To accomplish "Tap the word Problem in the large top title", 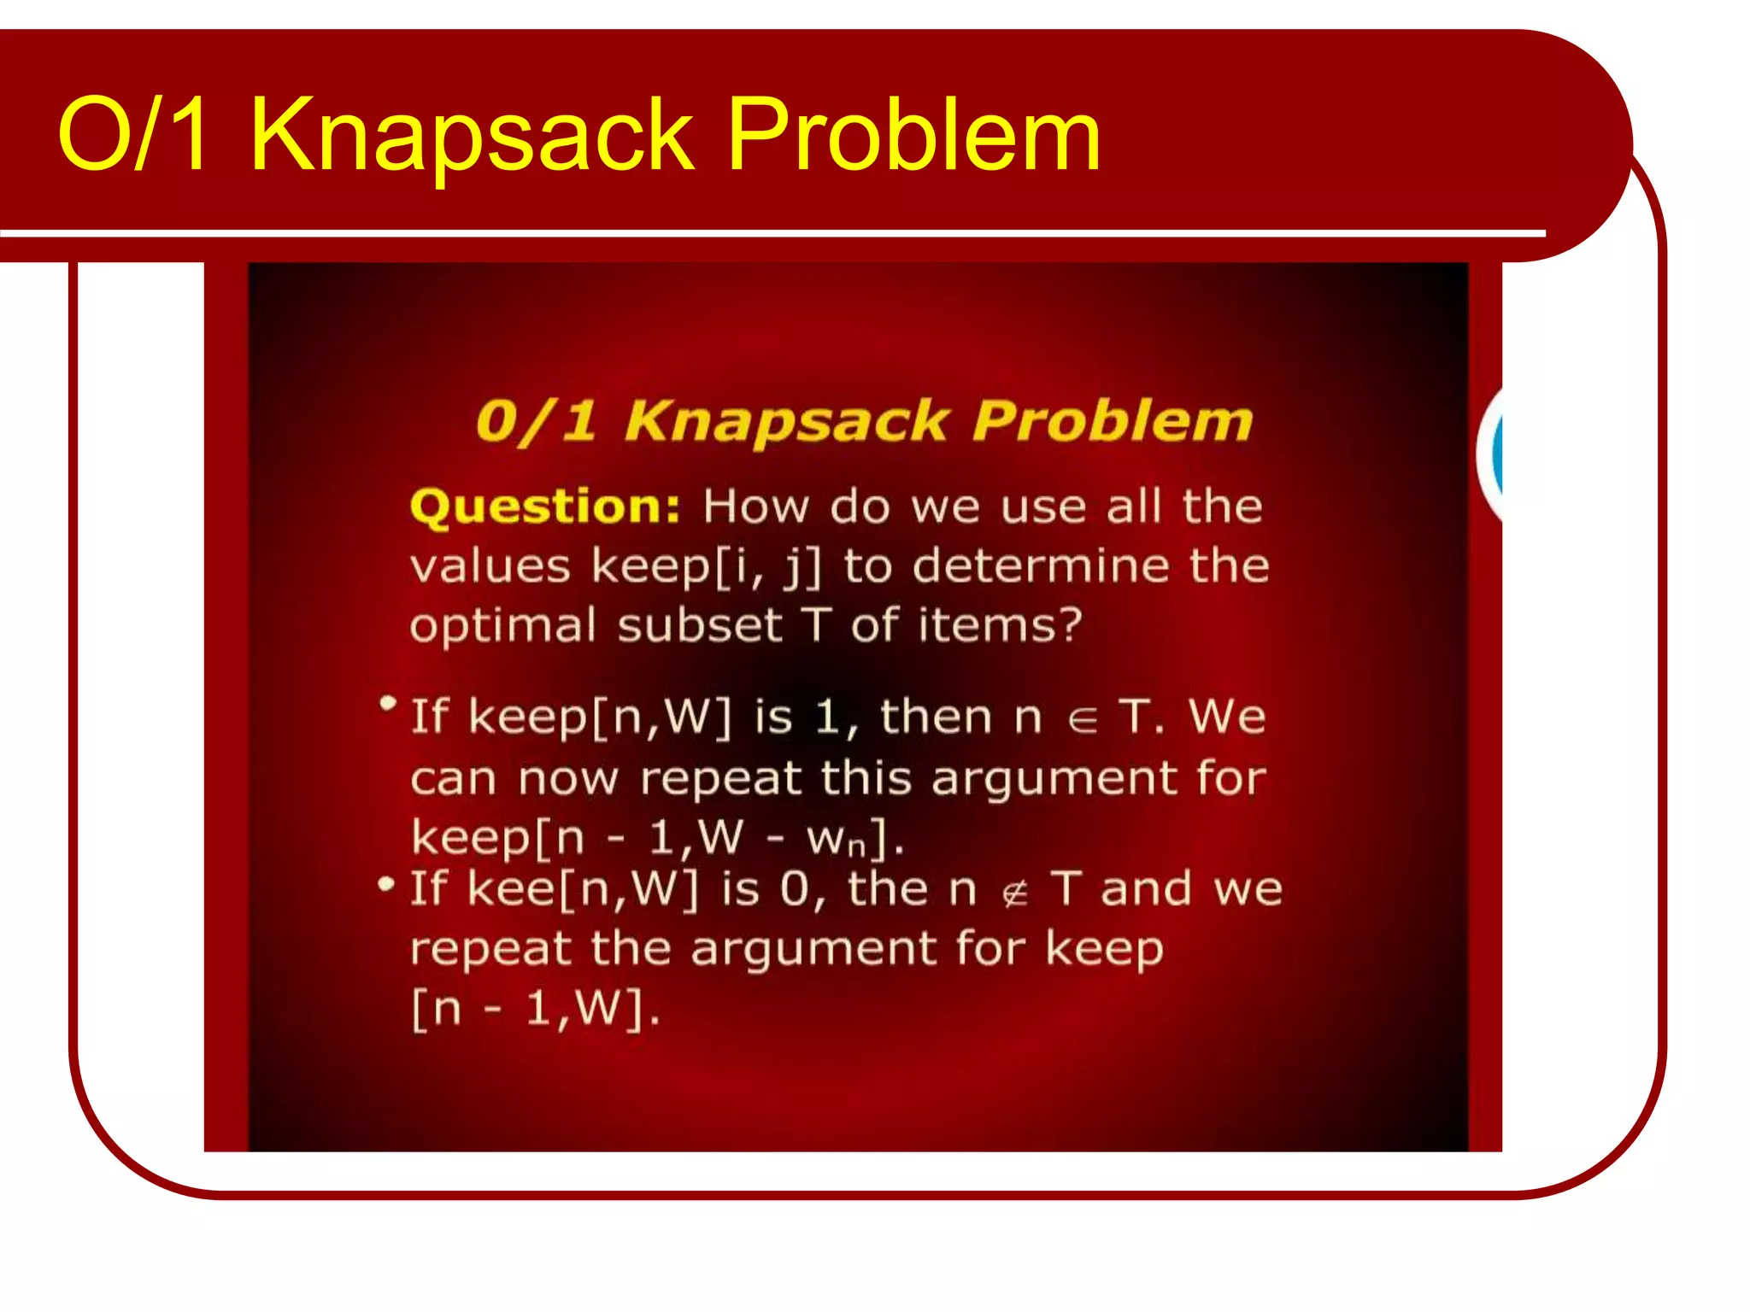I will [914, 135].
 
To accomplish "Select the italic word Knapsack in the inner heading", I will [787, 422].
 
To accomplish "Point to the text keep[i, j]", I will [706, 567].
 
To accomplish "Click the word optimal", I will [502, 626].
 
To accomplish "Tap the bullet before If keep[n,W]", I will [388, 704].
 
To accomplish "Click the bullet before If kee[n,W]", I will [386, 884].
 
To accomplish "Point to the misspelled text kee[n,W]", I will [583, 890].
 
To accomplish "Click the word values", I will [490, 567].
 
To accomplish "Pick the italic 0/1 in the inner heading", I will [536, 422].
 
